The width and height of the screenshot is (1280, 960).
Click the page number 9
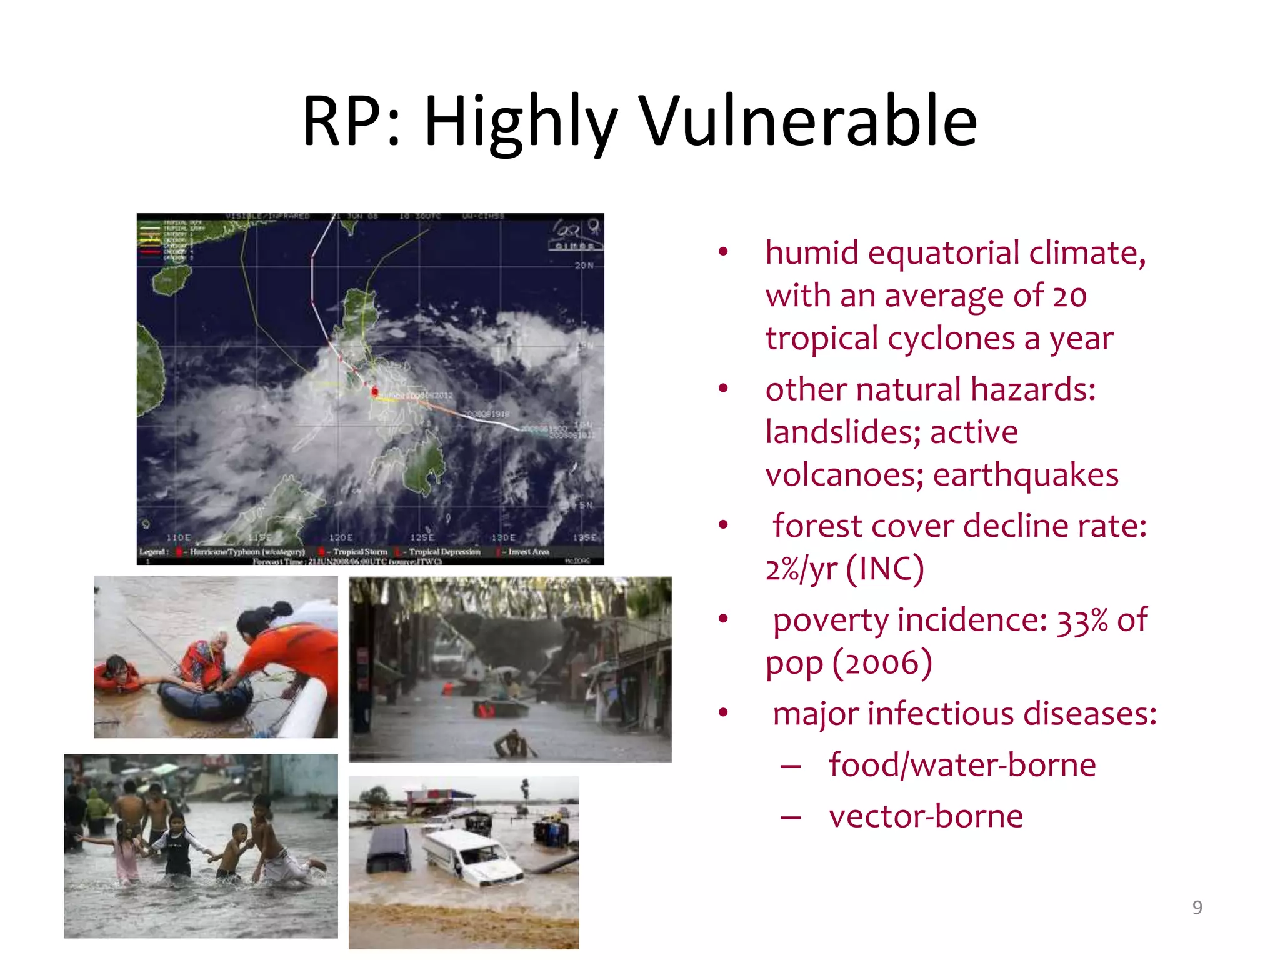coord(1197,907)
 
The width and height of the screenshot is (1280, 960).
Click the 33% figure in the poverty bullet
coord(1082,621)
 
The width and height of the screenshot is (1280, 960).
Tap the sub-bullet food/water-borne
coord(962,765)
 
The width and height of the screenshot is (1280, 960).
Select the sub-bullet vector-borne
coord(926,816)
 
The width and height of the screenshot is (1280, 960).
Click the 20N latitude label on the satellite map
coord(584,266)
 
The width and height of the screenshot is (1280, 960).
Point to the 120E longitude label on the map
coord(341,537)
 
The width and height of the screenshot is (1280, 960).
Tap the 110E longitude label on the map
coord(179,537)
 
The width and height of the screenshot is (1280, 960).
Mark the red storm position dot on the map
coord(375,392)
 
